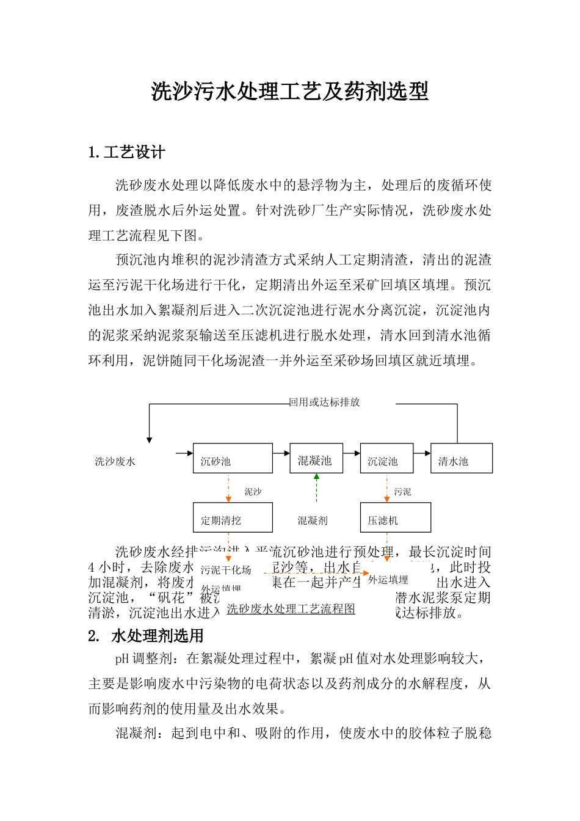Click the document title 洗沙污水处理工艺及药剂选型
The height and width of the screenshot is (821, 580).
pyautogui.click(x=289, y=92)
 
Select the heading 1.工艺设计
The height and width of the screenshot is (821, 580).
pyautogui.click(x=127, y=152)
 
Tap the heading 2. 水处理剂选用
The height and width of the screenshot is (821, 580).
pyautogui.click(x=146, y=636)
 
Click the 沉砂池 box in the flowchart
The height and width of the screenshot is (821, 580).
pyautogui.click(x=233, y=458)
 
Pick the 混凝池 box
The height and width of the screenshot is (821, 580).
pyautogui.click(x=316, y=458)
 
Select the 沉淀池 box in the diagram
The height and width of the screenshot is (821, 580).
pyautogui.click(x=386, y=458)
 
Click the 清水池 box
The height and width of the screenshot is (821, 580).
pyautogui.click(x=461, y=458)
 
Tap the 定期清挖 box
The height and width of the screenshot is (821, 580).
pyautogui.click(x=233, y=517)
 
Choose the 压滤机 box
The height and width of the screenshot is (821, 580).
pyautogui.click(x=395, y=517)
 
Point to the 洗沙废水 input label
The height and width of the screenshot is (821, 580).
pyautogui.click(x=115, y=461)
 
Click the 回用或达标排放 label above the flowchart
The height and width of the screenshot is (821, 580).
pyautogui.click(x=324, y=402)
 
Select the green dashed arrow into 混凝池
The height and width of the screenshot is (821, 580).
pyautogui.click(x=316, y=487)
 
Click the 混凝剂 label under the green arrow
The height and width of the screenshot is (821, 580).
pyautogui.click(x=313, y=520)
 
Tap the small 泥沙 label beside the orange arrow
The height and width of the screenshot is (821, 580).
pyautogui.click(x=253, y=491)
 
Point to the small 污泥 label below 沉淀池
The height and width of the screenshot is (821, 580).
pyautogui.click(x=402, y=491)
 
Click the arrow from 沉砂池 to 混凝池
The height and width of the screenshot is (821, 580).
pyautogui.click(x=281, y=453)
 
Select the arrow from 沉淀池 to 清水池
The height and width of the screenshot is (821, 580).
pyautogui.click(x=422, y=453)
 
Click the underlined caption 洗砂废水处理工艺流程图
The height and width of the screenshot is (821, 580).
pyautogui.click(x=291, y=609)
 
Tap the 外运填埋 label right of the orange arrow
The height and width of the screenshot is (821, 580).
pyautogui.click(x=388, y=580)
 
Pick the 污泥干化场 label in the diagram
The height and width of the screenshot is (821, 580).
pyautogui.click(x=226, y=570)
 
